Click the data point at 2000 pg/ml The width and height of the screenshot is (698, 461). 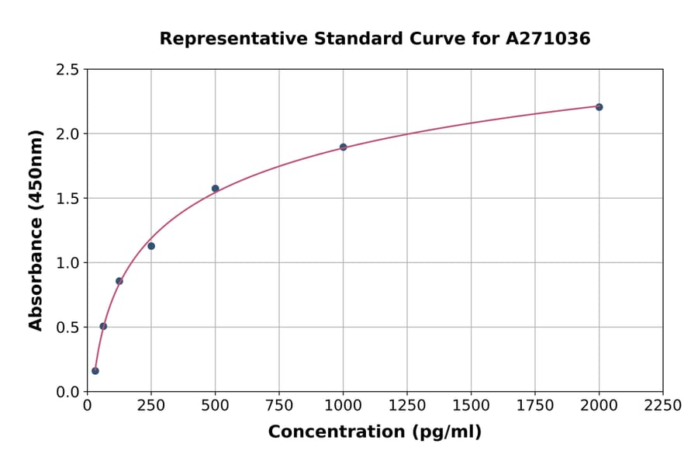click(599, 107)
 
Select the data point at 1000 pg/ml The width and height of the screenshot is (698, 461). click(343, 147)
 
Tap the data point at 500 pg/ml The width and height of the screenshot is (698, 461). click(216, 189)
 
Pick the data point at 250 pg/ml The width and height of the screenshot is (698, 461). click(151, 246)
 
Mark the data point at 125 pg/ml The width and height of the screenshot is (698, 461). click(119, 281)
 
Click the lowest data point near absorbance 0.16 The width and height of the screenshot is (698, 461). click(95, 371)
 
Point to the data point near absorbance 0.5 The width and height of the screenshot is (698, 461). click(103, 326)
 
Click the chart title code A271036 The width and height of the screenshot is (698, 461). click(548, 39)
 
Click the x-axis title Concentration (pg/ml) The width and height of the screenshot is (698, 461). click(375, 432)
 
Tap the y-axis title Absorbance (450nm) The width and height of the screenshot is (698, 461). click(36, 230)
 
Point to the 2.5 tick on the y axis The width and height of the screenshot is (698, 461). click(67, 70)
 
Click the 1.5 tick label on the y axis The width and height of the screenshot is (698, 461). click(67, 199)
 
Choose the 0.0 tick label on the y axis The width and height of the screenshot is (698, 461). click(67, 392)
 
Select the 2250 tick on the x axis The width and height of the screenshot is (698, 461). click(663, 406)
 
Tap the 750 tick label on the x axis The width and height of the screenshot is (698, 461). click(279, 406)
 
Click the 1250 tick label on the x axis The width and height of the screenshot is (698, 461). click(407, 406)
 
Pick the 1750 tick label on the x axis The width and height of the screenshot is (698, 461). click(535, 406)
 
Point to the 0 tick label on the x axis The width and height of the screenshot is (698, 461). click(88, 406)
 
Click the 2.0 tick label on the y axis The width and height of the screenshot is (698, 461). click(67, 134)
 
